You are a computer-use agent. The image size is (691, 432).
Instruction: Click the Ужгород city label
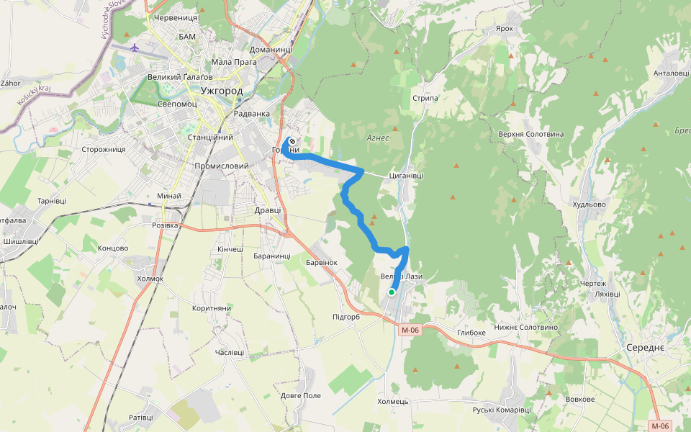tap(222, 91)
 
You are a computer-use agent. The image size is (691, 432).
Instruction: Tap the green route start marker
tap(392, 292)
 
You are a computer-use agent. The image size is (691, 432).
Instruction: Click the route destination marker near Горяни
tap(292, 141)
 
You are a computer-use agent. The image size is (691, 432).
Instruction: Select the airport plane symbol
tap(135, 48)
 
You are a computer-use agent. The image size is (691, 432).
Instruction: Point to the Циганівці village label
tap(406, 175)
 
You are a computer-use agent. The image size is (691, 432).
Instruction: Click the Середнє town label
tap(644, 348)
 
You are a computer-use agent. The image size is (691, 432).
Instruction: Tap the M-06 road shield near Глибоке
tap(410, 330)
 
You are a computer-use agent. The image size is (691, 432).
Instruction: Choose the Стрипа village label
tap(425, 98)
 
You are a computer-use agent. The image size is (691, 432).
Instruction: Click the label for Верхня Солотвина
tap(531, 135)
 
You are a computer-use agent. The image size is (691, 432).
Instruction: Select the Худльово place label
tap(590, 204)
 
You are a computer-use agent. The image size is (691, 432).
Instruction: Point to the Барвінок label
tap(321, 263)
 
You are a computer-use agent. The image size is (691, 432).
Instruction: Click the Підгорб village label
tap(346, 317)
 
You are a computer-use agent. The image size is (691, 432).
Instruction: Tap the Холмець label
tap(393, 401)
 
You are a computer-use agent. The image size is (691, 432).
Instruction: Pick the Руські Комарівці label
tap(502, 410)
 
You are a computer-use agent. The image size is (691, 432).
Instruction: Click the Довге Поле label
tap(301, 396)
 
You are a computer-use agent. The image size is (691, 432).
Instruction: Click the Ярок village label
tap(505, 30)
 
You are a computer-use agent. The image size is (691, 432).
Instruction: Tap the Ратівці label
tap(141, 418)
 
